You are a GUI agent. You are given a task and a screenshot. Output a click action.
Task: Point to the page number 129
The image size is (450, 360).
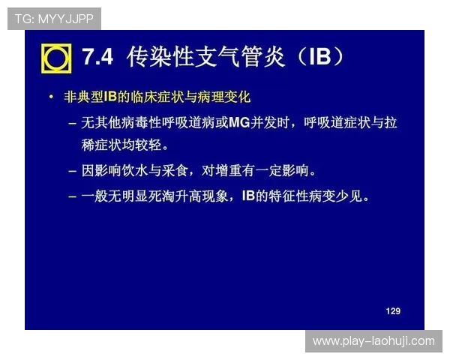[393, 310]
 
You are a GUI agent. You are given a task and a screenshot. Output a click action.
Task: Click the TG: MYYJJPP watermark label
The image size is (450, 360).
[53, 18]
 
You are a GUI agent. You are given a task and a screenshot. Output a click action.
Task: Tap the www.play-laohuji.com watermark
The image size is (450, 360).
[373, 341]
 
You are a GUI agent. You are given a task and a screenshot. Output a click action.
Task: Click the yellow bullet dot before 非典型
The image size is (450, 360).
[50, 97]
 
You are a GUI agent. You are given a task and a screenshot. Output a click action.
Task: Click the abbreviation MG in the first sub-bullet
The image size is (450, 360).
[238, 122]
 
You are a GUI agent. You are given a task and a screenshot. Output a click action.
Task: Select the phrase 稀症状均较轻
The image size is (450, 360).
[125, 144]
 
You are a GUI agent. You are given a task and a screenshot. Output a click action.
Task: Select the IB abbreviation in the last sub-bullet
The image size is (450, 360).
[250, 196]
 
